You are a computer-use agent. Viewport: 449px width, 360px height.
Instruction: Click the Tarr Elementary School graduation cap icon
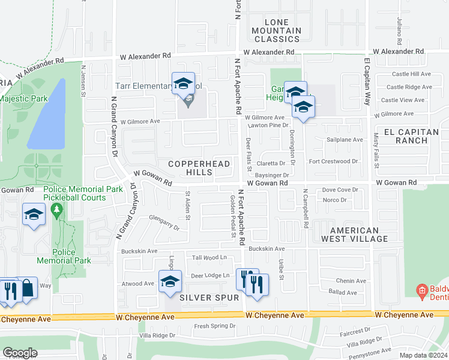click(184, 83)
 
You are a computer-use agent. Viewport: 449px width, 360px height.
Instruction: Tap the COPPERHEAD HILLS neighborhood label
click(190, 168)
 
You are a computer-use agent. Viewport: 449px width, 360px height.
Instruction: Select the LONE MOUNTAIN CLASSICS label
click(276, 31)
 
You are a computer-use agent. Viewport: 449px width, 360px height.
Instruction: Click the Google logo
click(20, 352)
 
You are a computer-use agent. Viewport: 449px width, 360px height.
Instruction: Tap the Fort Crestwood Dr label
click(333, 161)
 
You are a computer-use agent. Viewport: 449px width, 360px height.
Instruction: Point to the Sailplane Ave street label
click(345, 140)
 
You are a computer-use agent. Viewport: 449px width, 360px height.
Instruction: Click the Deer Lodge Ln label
click(210, 275)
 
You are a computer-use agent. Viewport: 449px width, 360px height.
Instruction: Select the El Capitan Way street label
click(367, 81)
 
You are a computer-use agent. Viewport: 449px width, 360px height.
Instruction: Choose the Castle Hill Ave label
click(411, 74)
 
